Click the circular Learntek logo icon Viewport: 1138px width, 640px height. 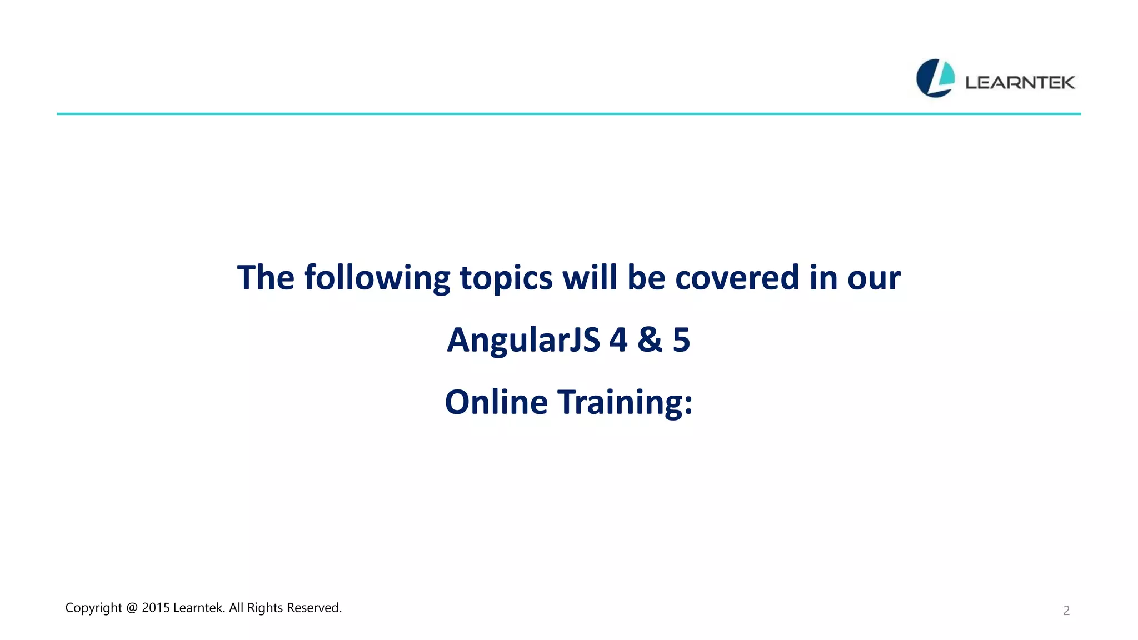[935, 78]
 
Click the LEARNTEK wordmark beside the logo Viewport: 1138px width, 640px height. [1020, 83]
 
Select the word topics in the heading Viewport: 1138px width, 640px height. [506, 278]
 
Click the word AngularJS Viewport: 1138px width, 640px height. [523, 340]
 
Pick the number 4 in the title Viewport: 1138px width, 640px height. [618, 340]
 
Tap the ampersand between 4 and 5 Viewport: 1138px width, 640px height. [650, 340]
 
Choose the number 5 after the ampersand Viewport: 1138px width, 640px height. [681, 340]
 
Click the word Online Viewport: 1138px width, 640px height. [496, 402]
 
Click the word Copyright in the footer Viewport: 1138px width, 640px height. [93, 608]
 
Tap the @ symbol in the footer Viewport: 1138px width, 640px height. [132, 608]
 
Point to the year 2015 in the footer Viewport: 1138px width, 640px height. [156, 608]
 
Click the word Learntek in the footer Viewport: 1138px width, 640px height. [198, 608]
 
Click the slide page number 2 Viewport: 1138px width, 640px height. [1066, 611]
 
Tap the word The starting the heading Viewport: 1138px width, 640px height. [265, 277]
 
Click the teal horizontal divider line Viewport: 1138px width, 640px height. [568, 114]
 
